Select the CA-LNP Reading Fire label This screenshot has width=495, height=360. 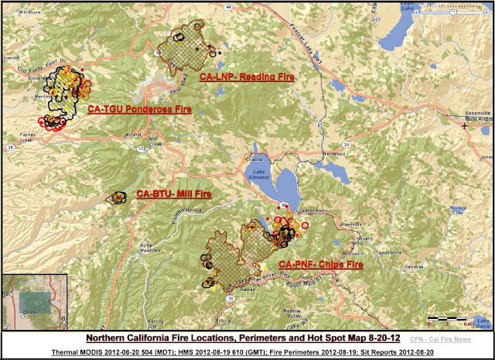pyautogui.click(x=247, y=77)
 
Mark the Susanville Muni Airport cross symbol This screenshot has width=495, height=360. pyautogui.click(x=464, y=125)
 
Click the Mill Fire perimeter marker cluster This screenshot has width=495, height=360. pyautogui.click(x=120, y=197)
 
